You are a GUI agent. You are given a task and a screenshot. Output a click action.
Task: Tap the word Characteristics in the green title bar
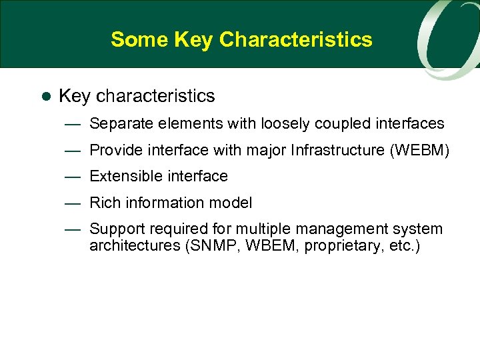(295, 39)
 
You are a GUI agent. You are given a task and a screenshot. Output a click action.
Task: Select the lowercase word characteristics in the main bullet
(155, 96)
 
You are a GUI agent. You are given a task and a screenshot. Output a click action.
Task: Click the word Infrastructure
(337, 151)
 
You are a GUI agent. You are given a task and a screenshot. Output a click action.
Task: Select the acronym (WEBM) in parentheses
(419, 151)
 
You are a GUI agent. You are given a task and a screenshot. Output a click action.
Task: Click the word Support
(115, 229)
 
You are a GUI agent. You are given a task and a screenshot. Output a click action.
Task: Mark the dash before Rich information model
(73, 203)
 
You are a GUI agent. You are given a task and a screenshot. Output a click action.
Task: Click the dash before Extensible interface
(73, 177)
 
